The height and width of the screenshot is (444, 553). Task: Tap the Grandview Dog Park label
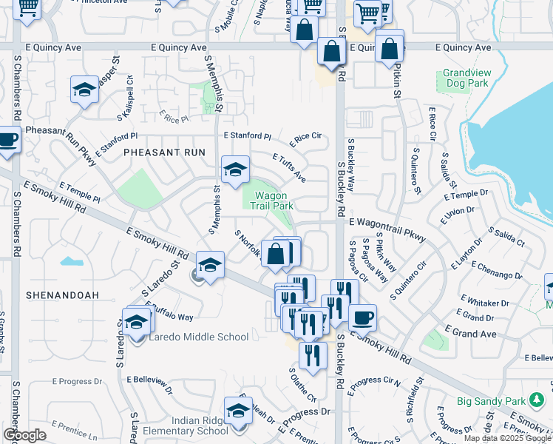point(466,78)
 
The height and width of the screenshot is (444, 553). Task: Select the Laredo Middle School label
point(199,337)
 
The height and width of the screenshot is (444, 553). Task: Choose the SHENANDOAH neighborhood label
point(62,295)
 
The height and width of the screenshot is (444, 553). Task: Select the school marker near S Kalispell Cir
point(84,90)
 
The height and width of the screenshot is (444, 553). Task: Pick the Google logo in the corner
point(24,435)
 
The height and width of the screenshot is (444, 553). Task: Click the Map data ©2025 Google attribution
point(507,438)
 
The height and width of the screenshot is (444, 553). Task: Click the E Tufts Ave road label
point(289,168)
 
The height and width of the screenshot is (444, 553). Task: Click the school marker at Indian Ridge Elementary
point(238,413)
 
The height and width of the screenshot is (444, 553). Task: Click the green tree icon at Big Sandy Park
point(537,401)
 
